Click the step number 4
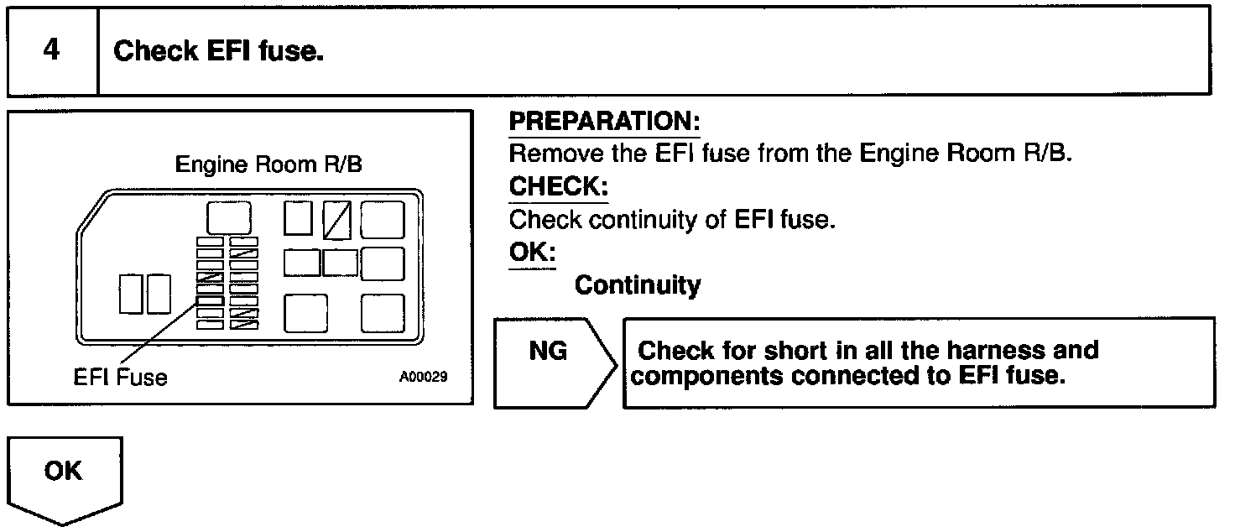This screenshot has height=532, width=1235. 51,51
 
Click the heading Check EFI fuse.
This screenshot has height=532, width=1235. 219,52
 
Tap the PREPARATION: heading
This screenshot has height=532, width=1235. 604,122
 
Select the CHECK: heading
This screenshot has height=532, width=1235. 558,187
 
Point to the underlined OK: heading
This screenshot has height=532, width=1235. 532,253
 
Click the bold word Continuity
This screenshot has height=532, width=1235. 637,285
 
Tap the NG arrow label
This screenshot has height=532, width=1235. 548,351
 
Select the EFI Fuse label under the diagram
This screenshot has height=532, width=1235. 120,378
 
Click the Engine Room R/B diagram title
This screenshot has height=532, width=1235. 268,164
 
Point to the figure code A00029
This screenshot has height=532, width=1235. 423,378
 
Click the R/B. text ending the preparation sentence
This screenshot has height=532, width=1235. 1047,154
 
